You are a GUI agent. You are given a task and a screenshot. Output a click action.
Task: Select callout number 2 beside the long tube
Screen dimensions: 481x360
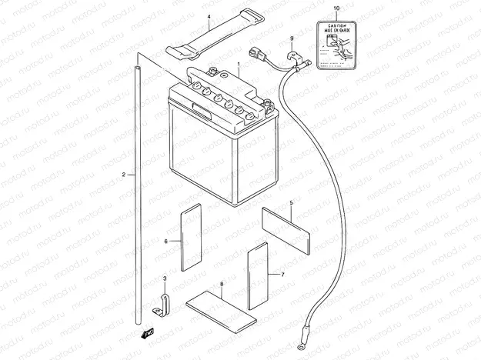(x=123, y=175)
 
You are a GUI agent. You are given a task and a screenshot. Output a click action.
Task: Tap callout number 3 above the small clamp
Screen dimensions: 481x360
(x=163, y=278)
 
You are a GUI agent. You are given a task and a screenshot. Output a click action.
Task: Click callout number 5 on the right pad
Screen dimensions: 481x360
(x=291, y=203)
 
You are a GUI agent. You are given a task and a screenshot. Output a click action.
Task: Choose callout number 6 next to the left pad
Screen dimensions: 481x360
(x=166, y=241)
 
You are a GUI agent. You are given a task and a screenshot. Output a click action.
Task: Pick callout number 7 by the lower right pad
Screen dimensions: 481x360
(x=282, y=274)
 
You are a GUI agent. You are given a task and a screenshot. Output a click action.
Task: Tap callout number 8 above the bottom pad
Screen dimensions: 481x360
(x=222, y=285)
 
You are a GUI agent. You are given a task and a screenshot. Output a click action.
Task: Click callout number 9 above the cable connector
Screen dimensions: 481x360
(x=292, y=39)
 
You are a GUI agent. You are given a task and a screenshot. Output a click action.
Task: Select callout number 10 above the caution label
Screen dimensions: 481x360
(x=336, y=8)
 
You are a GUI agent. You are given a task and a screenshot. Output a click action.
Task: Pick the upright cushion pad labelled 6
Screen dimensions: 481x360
(x=191, y=236)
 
